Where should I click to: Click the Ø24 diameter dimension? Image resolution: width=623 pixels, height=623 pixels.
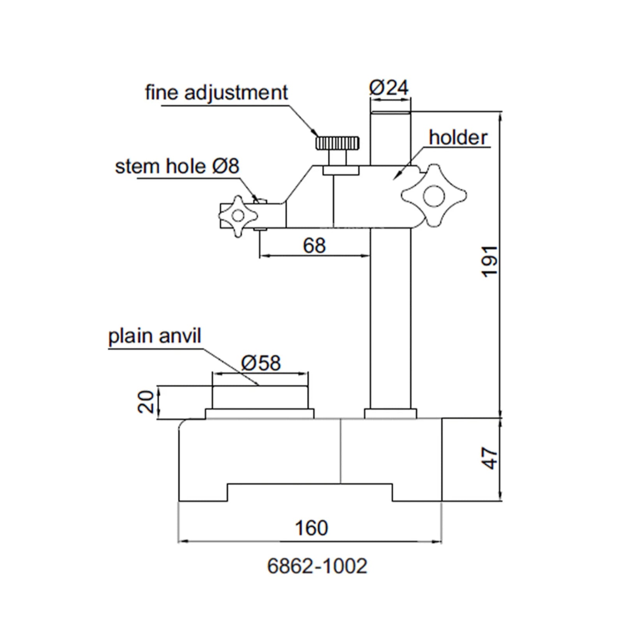[389, 88]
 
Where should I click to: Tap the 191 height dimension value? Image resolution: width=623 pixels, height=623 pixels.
[490, 262]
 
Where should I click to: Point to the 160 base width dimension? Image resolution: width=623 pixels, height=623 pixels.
[311, 528]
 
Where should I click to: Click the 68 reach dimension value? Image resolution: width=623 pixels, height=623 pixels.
[314, 246]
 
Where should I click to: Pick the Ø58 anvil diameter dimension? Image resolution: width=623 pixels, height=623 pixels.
[260, 363]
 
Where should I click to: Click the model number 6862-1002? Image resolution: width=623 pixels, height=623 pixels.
[317, 566]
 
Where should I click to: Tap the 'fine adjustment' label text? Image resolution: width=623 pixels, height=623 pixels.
[216, 93]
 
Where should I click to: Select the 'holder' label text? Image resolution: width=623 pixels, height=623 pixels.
[458, 138]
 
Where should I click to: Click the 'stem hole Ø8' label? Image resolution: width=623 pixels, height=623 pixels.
[177, 167]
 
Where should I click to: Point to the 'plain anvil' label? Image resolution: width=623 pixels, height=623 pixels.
[155, 336]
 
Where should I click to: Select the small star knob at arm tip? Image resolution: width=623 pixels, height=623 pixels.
[238, 216]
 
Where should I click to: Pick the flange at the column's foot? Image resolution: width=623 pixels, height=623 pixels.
[390, 414]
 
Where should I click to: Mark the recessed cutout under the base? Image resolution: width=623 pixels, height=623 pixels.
[310, 492]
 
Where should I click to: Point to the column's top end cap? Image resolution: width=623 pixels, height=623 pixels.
[390, 113]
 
